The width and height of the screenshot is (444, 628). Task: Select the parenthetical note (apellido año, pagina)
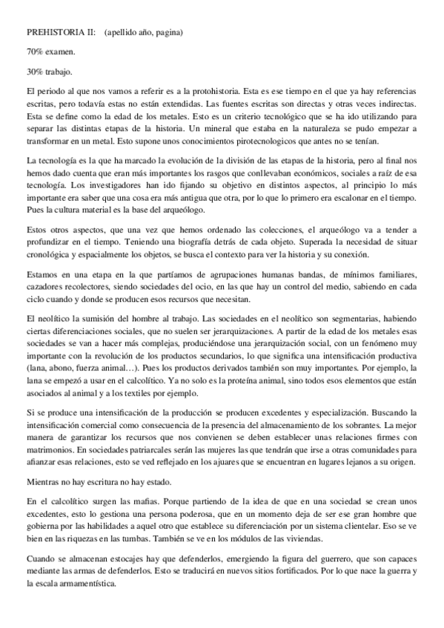pos(145,33)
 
